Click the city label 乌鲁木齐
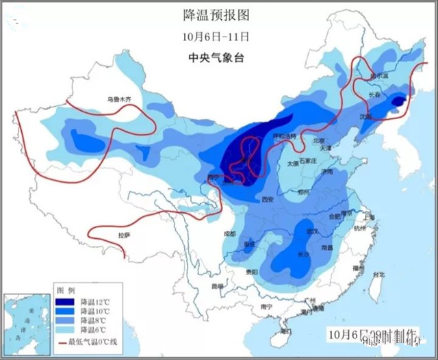tap(118, 99)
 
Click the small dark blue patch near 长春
tap(396, 101)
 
